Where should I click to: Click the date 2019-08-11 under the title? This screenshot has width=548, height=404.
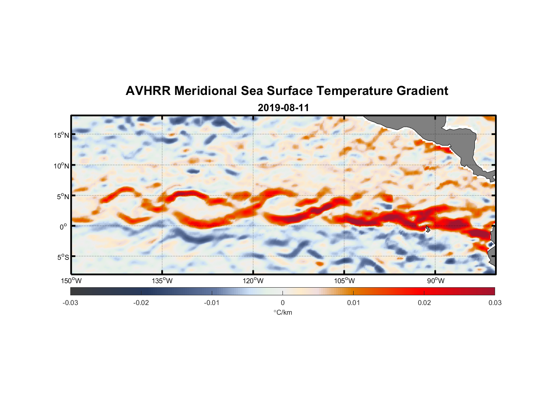pos(283,108)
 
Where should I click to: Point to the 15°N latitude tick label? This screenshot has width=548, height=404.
pos(61,135)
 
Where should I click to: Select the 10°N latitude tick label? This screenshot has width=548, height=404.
pos(61,166)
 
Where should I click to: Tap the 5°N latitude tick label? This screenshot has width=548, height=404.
pos(63,196)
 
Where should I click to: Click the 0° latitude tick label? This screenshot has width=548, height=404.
pos(63,227)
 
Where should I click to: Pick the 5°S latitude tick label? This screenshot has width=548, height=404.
pos(63,257)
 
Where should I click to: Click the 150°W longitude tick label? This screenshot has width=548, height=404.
pos(71,281)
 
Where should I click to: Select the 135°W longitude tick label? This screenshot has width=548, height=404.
pos(162,281)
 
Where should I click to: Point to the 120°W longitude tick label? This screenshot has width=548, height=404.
pos(253,281)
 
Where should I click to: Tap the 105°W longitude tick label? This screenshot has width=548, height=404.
pos(344,281)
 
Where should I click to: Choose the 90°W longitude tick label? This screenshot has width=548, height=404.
pos(436,281)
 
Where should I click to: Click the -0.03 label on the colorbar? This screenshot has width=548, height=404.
pos(70,303)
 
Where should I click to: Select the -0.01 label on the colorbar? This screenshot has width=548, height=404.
pos(212,303)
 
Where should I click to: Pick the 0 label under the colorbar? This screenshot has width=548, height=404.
pos(282,303)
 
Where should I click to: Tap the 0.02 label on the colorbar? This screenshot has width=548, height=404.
pos(424,303)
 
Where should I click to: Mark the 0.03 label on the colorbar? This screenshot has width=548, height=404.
pos(495,303)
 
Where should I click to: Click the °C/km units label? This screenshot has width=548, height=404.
pos(283,312)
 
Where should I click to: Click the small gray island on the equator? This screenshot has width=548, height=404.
pos(428,229)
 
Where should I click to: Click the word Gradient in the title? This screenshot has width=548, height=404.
pos(422,91)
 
